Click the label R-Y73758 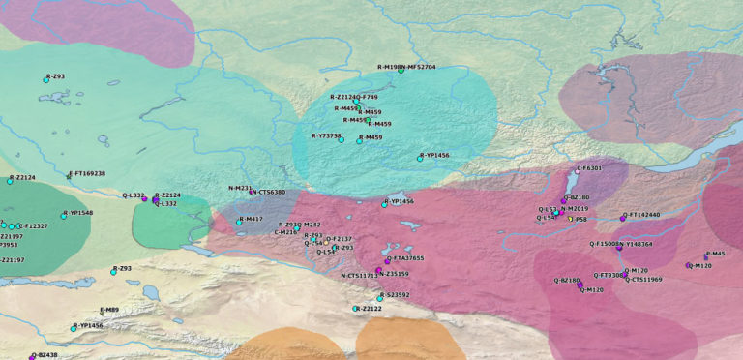click(325, 136)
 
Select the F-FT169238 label click(88, 174)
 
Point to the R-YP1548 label click(79, 213)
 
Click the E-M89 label click(110, 310)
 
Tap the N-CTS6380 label click(269, 193)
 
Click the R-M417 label click(252, 219)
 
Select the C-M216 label click(285, 232)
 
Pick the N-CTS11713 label click(359, 276)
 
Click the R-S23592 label click(396, 294)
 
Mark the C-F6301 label click(590, 168)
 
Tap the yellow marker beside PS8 click(571, 220)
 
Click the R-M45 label click(716, 254)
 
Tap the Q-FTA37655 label click(405, 258)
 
